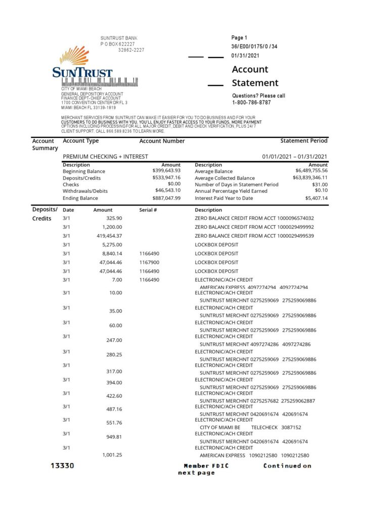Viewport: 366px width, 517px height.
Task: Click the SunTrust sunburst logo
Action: click(x=74, y=56)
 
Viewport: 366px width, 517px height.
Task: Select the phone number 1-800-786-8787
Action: click(x=251, y=102)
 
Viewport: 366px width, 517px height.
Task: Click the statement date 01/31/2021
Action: click(x=245, y=56)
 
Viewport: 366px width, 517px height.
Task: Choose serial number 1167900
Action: click(x=149, y=263)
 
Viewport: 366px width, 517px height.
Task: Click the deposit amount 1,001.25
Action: click(x=112, y=455)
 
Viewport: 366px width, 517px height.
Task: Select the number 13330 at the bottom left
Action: click(x=62, y=466)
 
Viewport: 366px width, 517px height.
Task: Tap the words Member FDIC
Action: click(x=206, y=466)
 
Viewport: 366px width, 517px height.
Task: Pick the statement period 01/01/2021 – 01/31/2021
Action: click(x=294, y=157)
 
